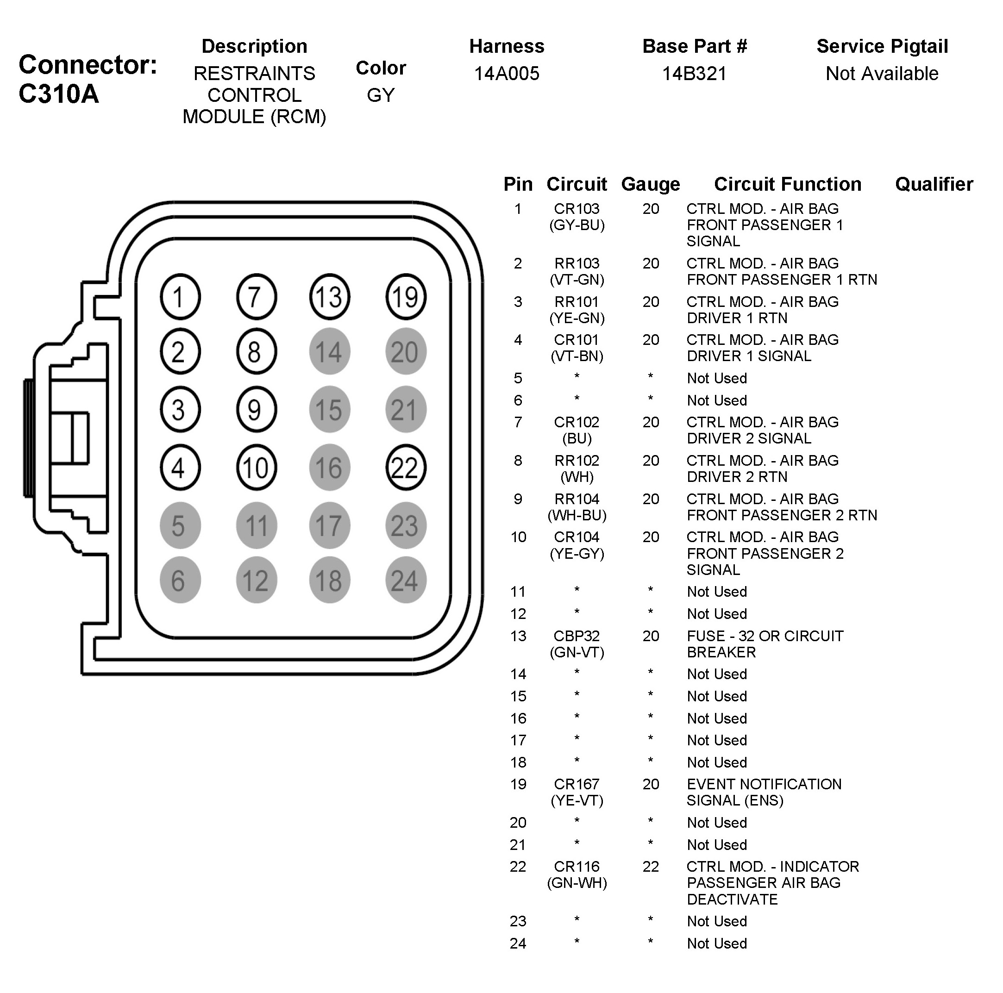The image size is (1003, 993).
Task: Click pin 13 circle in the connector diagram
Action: [330, 297]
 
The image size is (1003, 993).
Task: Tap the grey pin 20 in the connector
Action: [406, 352]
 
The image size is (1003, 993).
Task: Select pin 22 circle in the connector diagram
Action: [406, 468]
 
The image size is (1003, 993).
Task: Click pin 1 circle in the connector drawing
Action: [180, 297]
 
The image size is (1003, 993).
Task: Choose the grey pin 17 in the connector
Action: [330, 525]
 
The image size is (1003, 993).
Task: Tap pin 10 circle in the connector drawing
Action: [256, 468]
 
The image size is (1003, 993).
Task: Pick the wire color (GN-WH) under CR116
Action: [577, 883]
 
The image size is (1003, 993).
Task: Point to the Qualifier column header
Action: [934, 184]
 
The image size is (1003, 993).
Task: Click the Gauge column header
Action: [651, 184]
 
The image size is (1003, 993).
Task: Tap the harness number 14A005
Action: [507, 74]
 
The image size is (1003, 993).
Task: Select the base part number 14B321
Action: [694, 74]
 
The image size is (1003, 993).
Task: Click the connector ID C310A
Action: [59, 94]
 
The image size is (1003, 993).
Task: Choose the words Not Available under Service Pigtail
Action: [882, 74]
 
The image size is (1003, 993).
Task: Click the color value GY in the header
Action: [381, 95]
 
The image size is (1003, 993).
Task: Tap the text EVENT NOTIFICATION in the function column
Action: [764, 784]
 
